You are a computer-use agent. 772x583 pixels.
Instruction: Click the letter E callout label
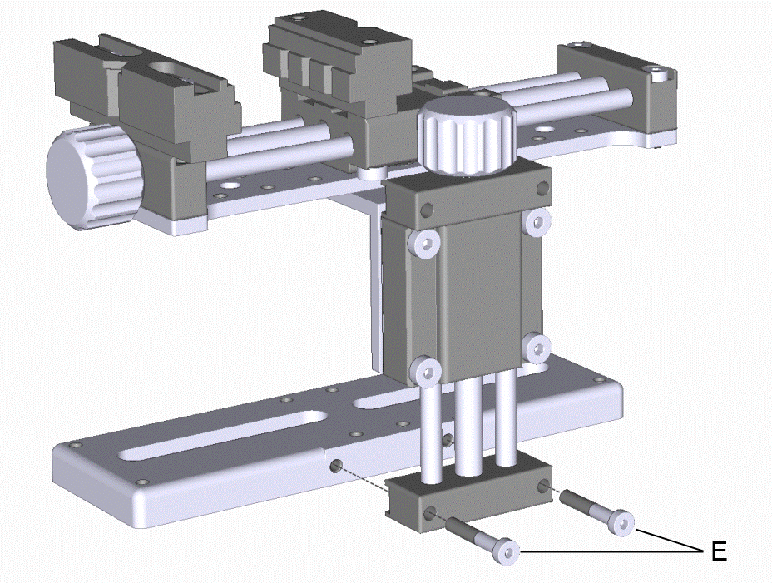click(x=719, y=551)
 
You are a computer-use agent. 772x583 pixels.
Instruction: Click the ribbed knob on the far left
click(x=93, y=176)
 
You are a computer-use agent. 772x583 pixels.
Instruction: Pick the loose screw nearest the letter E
click(x=597, y=512)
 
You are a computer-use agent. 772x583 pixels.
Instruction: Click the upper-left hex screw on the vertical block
click(x=424, y=242)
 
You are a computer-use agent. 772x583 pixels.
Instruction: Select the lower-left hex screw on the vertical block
click(x=426, y=372)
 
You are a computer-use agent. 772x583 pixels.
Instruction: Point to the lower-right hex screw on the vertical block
click(x=537, y=348)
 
